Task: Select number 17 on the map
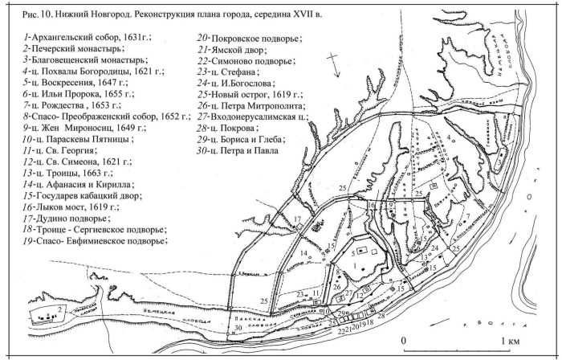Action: tap(296, 219)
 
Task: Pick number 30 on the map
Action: tap(238, 327)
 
